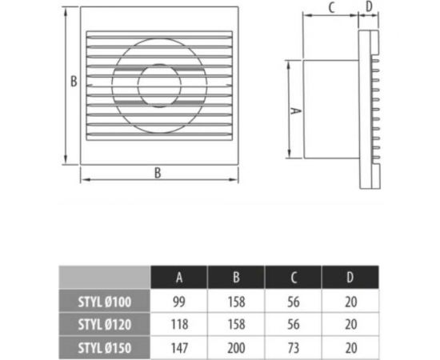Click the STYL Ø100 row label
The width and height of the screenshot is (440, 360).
105,302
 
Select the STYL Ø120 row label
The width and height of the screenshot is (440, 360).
105,325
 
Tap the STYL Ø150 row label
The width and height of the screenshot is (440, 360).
105,348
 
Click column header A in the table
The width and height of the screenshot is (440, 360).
179,278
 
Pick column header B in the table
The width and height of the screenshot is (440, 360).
236,278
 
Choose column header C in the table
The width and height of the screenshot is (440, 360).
293,278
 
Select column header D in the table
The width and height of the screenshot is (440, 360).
350,278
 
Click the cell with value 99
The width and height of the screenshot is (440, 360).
179,302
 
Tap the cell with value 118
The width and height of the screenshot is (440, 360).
179,325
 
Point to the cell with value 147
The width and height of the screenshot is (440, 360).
179,348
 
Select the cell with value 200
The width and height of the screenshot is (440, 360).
236,348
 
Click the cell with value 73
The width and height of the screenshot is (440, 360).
293,348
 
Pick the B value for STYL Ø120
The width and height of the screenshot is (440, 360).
236,325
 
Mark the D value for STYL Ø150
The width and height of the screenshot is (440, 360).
350,348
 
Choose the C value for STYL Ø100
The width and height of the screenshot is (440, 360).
293,302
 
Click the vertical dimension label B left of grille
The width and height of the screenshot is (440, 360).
73,81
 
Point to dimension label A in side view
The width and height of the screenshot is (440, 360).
295,112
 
